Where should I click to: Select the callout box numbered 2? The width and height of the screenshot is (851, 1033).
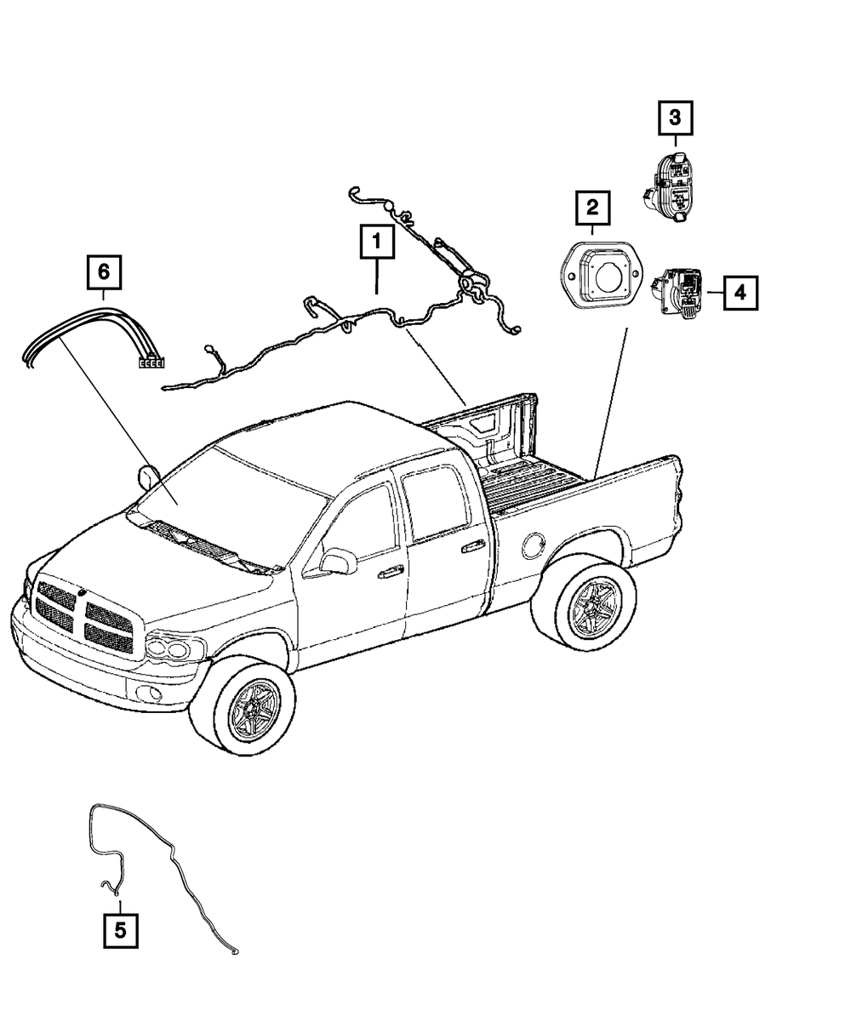pyautogui.click(x=592, y=208)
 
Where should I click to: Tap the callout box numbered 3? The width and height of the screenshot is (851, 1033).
pyautogui.click(x=675, y=117)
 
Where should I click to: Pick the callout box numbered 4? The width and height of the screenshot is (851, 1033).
pyautogui.click(x=740, y=293)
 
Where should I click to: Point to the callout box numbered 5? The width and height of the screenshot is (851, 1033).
pyautogui.click(x=120, y=929)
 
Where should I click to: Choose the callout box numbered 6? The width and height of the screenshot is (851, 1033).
pyautogui.click(x=103, y=272)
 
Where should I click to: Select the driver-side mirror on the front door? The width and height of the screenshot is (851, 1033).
pyautogui.click(x=338, y=561)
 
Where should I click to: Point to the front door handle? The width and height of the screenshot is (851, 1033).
pyautogui.click(x=391, y=573)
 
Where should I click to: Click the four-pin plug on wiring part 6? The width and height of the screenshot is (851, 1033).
pyautogui.click(x=151, y=363)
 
